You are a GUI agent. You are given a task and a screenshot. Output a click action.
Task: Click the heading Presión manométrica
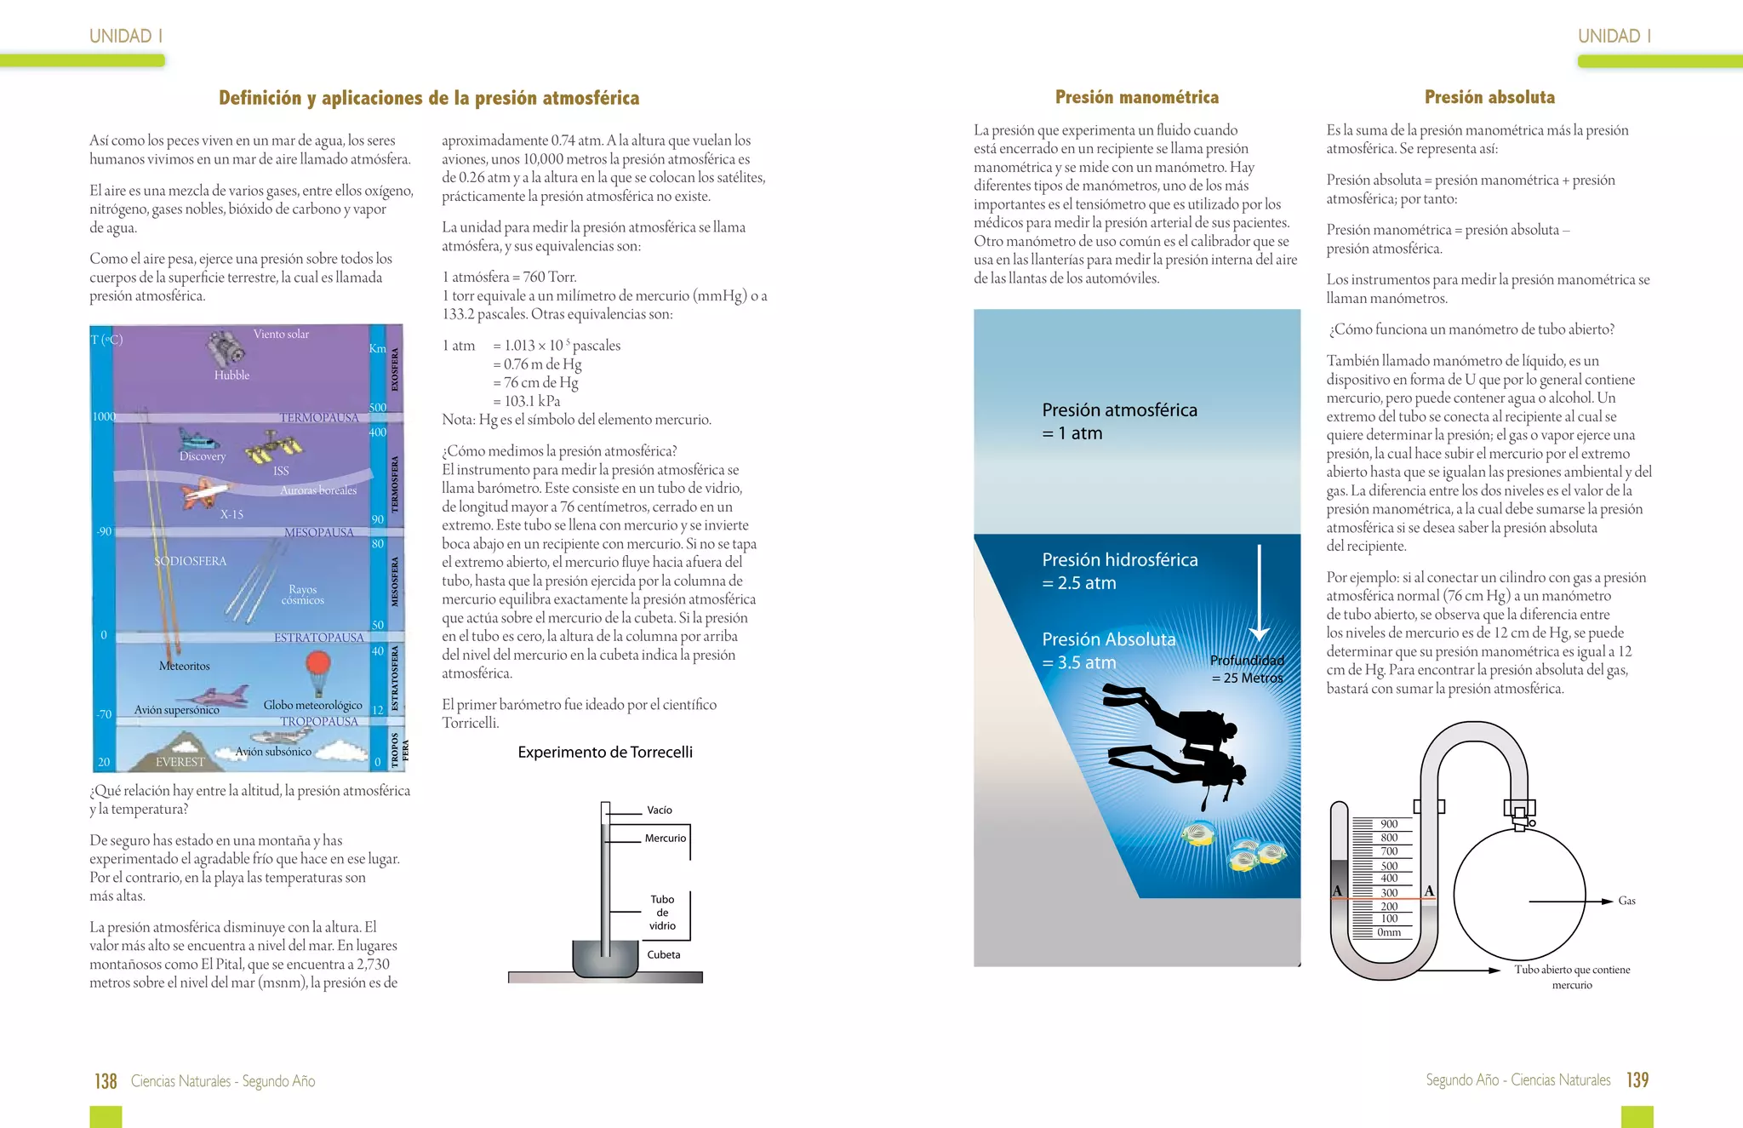click(x=1136, y=97)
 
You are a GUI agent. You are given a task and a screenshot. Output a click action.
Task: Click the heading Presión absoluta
click(x=1489, y=97)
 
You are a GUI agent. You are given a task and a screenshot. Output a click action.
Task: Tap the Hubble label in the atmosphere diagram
click(x=231, y=375)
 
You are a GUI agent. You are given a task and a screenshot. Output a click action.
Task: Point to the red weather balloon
click(x=317, y=663)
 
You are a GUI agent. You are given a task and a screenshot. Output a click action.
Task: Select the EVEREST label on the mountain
click(x=180, y=762)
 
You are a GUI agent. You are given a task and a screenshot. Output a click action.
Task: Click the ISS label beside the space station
click(x=281, y=471)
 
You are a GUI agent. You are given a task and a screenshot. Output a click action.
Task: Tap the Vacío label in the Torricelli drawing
click(x=659, y=810)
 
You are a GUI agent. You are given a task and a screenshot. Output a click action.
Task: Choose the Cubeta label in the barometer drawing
click(x=663, y=954)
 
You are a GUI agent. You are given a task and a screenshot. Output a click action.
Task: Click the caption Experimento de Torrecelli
click(x=605, y=752)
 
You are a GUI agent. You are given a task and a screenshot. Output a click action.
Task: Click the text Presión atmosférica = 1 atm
click(x=1118, y=421)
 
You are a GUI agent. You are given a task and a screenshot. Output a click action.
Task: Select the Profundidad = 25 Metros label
click(x=1247, y=669)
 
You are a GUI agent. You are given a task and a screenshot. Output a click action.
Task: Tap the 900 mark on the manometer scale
click(x=1389, y=823)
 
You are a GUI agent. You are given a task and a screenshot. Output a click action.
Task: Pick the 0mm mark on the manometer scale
click(x=1388, y=932)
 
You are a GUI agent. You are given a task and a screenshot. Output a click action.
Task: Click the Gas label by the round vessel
click(x=1626, y=901)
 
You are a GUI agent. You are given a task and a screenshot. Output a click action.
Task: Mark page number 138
click(x=106, y=1081)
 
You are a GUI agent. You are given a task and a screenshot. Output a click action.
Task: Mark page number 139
click(x=1637, y=1080)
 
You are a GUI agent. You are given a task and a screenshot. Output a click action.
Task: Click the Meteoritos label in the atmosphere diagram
click(x=184, y=666)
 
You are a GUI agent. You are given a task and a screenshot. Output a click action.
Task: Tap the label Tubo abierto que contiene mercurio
click(x=1572, y=976)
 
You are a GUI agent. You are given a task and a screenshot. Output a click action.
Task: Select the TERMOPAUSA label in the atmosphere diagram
click(x=318, y=417)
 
